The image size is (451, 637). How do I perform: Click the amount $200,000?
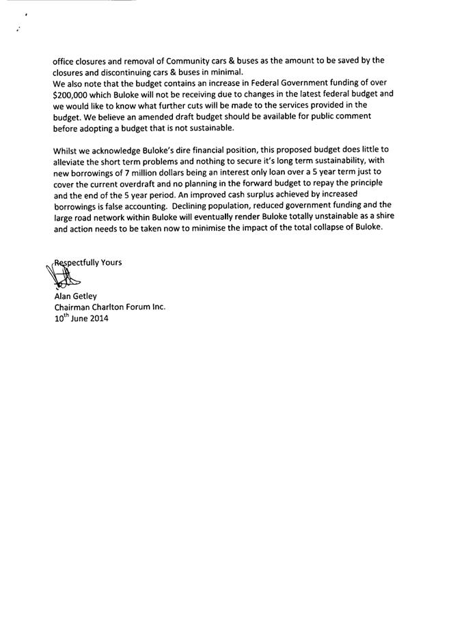(x=74, y=95)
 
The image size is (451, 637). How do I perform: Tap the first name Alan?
(x=63, y=296)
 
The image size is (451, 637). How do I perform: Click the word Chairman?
(x=73, y=307)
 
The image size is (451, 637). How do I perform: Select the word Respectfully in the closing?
(x=75, y=263)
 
